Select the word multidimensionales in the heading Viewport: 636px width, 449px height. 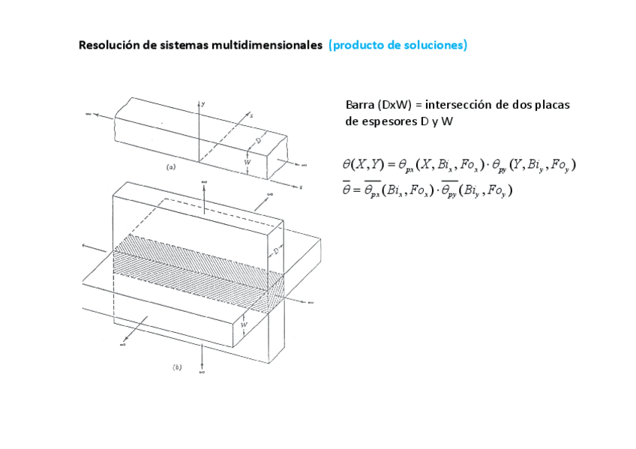point(267,45)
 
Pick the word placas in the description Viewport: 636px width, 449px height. point(552,105)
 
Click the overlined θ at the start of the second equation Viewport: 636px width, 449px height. point(346,190)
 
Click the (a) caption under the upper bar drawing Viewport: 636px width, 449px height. point(171,168)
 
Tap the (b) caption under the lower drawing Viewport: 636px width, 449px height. point(177,367)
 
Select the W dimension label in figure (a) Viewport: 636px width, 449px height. point(246,162)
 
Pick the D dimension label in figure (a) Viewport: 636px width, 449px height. point(257,140)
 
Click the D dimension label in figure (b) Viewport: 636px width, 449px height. point(276,252)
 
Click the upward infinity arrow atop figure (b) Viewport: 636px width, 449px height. point(203,187)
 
